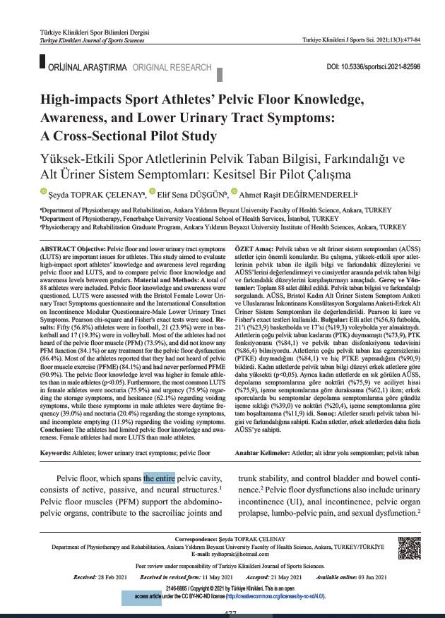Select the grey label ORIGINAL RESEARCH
[172, 68]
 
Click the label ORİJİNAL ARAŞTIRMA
[87, 68]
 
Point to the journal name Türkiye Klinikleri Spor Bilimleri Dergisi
[87, 34]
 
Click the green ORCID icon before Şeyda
[42, 192]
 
